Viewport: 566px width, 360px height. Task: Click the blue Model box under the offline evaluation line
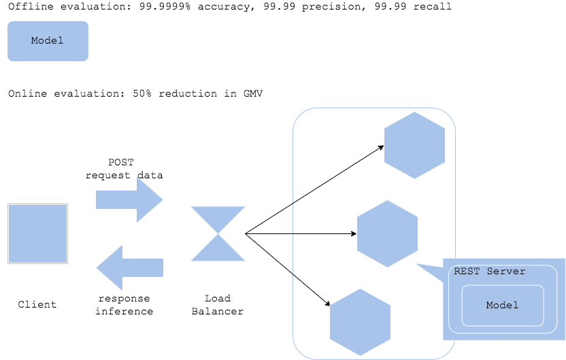pos(48,41)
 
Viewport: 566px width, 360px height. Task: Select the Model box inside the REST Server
pos(503,306)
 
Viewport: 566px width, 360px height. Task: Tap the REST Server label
pos(490,271)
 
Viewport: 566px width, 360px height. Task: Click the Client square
pos(38,233)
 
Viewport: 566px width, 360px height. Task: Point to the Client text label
pos(37,304)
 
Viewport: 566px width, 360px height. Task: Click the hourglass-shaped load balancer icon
pos(218,233)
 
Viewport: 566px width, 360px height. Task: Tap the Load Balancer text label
pos(217,305)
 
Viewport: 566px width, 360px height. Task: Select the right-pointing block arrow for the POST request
pos(129,199)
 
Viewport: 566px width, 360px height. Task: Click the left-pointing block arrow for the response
pos(129,267)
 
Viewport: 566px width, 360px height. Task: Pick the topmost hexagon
pos(414,145)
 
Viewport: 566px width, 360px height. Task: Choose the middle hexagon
pos(387,233)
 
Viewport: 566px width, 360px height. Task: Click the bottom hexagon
pos(361,322)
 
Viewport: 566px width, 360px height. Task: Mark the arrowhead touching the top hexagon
pos(382,146)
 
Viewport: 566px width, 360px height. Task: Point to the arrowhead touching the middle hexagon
pos(354,233)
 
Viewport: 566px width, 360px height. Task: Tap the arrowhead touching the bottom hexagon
pos(328,304)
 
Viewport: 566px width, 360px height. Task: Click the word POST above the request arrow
pos(121,163)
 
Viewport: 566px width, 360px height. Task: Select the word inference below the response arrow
pos(124,311)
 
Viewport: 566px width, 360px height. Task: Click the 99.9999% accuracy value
pos(165,7)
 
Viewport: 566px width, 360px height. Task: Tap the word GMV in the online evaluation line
pos(253,93)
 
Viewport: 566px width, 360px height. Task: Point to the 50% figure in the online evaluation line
pos(142,93)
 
